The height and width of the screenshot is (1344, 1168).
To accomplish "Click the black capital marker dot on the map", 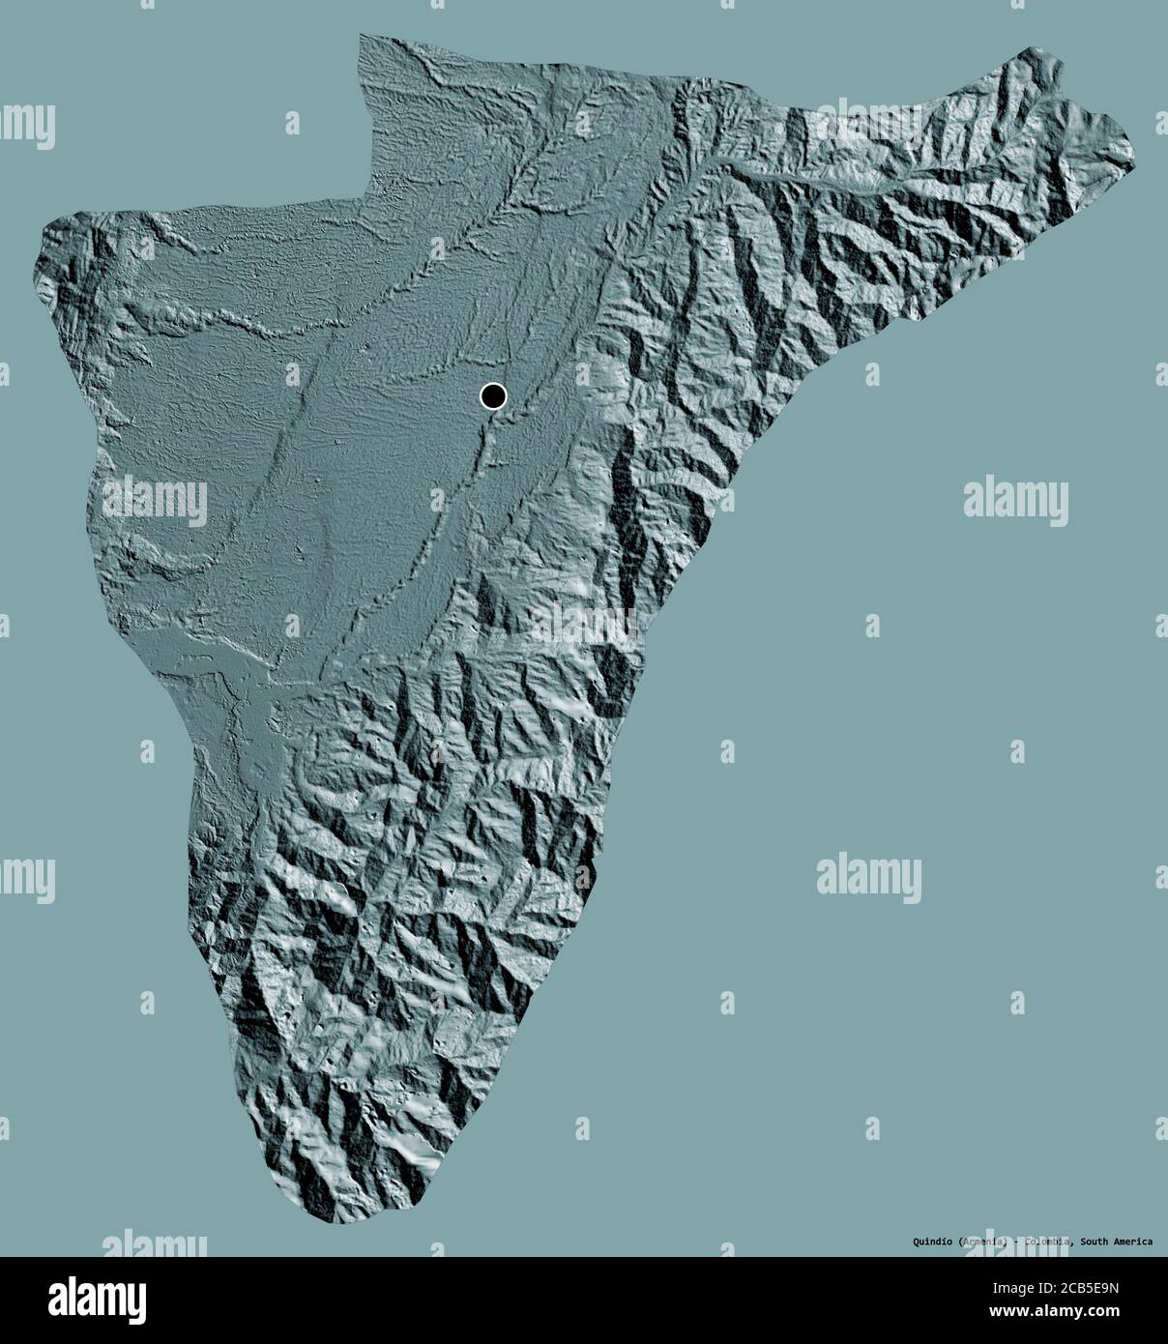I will pos(493,395).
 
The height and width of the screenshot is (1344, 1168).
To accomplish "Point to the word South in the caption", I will pos(1096,1241).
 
